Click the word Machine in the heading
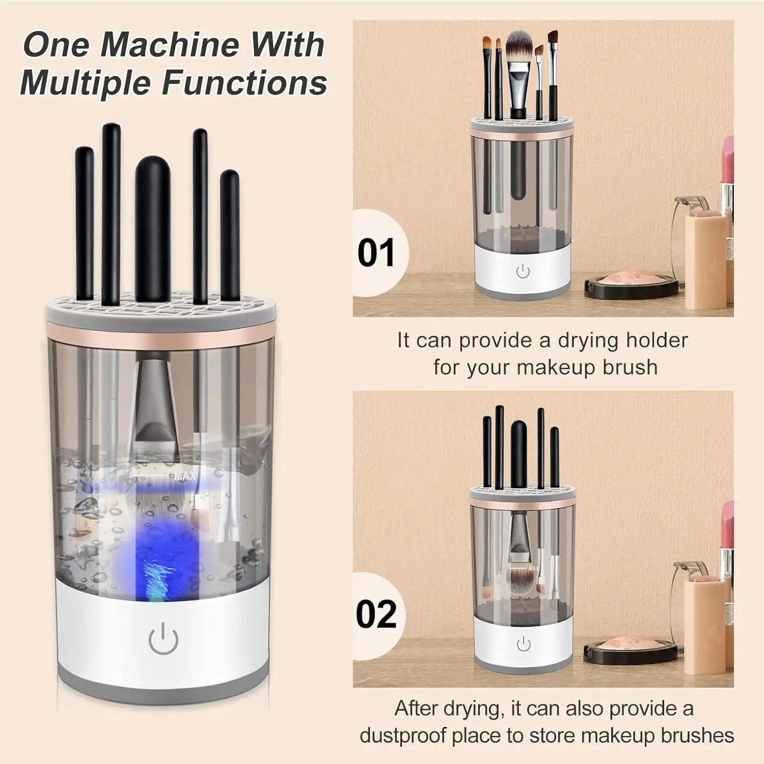169,44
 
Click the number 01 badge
376,253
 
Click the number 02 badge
376,614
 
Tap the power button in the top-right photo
523,271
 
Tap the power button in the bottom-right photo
524,644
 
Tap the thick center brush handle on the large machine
152,229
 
